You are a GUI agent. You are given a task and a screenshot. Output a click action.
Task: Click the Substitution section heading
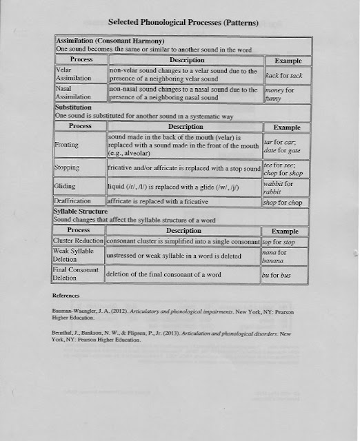coord(79,107)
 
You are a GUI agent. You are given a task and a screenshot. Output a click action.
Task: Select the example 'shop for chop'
coord(284,202)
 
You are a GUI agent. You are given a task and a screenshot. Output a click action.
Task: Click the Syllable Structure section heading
coord(81,210)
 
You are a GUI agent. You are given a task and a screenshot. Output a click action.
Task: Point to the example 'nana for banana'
coord(279,257)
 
